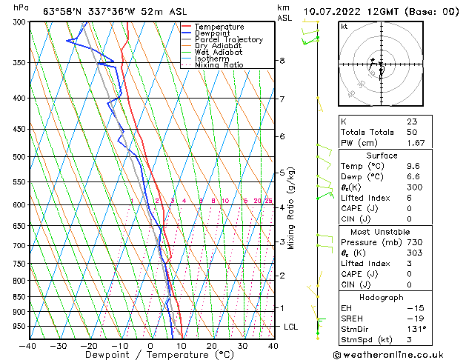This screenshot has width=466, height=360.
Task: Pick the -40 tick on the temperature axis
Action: pos(28,345)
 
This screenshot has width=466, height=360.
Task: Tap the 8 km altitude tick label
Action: pos(282,61)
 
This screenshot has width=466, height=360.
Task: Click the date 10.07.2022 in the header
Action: pos(331,11)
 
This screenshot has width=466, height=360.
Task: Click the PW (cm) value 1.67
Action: pos(416,143)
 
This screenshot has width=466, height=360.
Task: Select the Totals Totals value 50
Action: pos(411,132)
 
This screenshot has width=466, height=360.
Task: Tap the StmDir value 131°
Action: pos(416,329)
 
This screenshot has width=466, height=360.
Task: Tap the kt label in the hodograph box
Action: pos(344,26)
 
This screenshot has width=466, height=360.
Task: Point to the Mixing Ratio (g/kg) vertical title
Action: pos(291,208)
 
